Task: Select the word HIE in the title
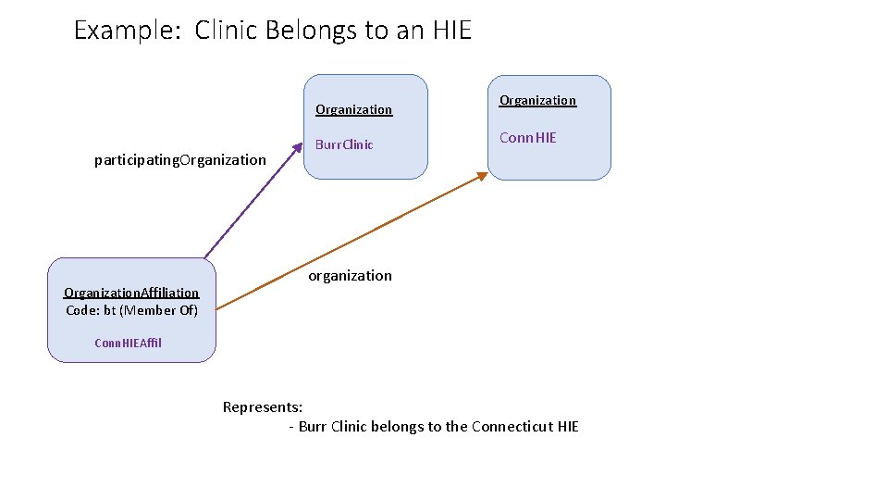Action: click(451, 31)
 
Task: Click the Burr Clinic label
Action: click(344, 144)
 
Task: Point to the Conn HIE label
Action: click(527, 138)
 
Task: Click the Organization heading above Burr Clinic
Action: click(353, 109)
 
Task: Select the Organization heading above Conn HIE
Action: click(537, 100)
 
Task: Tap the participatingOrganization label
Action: click(179, 160)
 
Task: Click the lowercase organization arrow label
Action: click(350, 276)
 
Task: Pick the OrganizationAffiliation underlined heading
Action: click(131, 293)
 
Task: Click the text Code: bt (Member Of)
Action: click(131, 310)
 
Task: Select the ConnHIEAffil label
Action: click(128, 343)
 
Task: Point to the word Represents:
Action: click(263, 407)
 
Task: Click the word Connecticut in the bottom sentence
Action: click(512, 427)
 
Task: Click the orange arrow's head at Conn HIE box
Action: click(483, 175)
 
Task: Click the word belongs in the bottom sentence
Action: click(398, 427)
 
